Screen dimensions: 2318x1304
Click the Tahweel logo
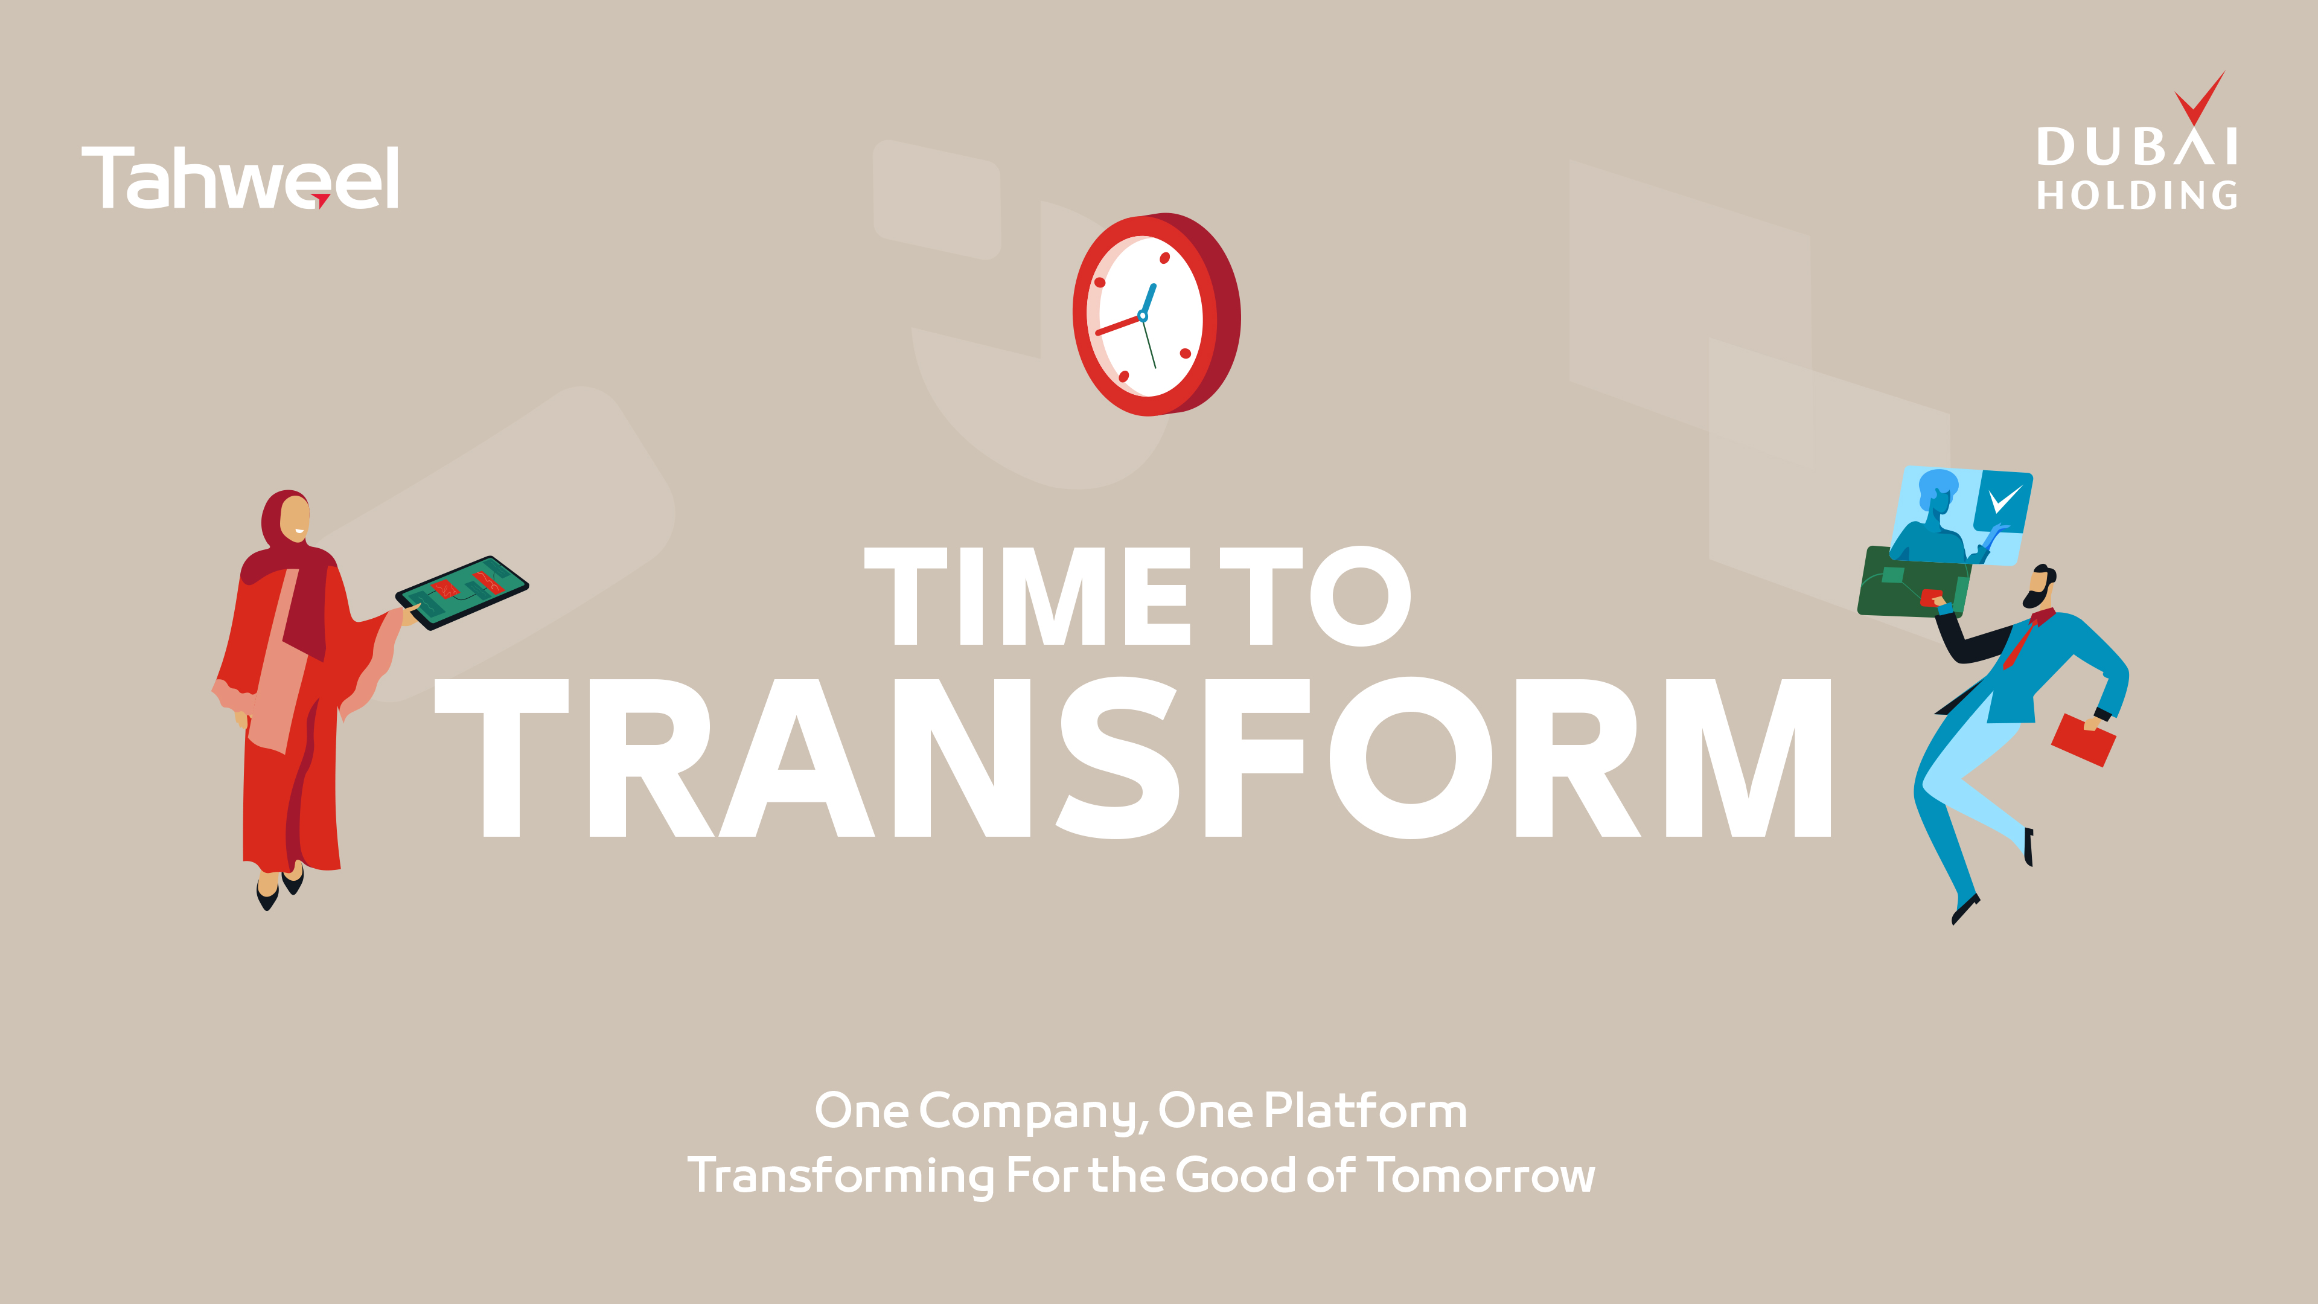point(240,177)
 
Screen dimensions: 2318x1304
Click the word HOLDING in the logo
point(2137,195)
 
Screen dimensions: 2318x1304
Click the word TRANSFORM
point(1133,758)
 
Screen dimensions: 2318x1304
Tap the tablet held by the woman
point(462,592)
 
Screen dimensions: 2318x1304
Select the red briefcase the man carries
point(2083,740)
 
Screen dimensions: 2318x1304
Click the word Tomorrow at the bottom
point(1481,1175)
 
